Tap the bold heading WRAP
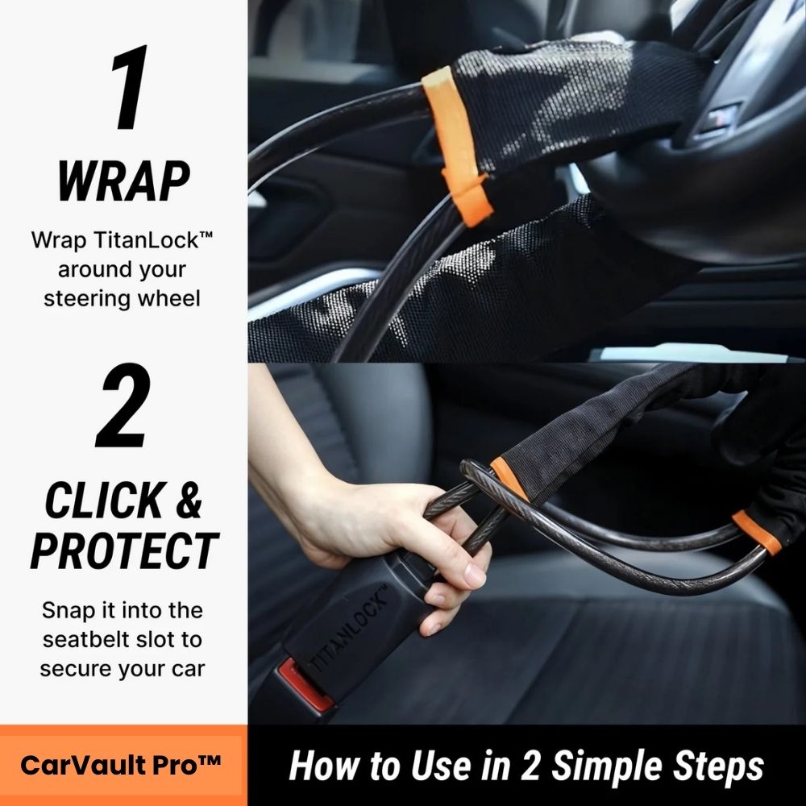pos(123,181)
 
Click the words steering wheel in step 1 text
pos(123,297)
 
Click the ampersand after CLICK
pos(187,501)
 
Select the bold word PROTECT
pos(123,550)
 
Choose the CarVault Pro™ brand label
pos(121,765)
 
